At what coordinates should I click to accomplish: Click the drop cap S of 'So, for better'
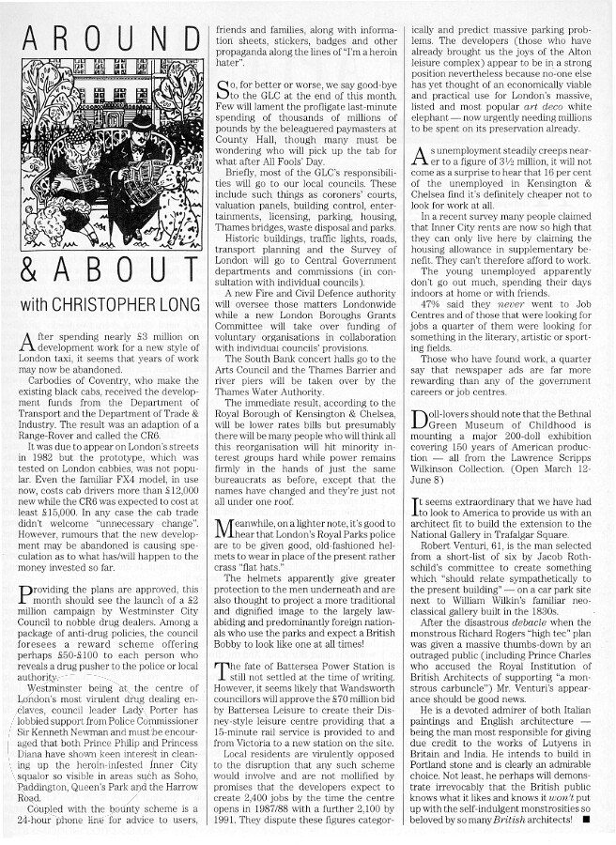pos(223,91)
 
